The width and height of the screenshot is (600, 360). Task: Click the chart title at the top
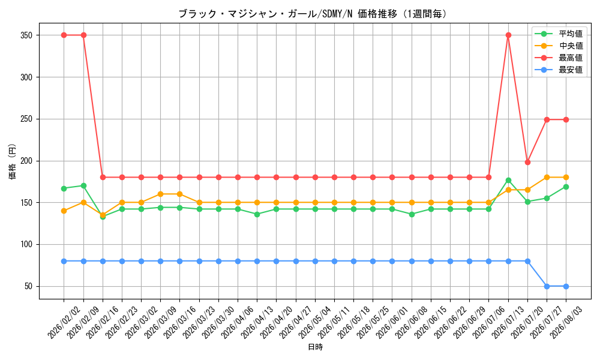(x=313, y=14)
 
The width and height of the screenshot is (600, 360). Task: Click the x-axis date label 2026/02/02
(x=64, y=323)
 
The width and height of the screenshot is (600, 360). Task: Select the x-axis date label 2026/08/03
(x=566, y=323)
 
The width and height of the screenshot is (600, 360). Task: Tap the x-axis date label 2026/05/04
(x=315, y=323)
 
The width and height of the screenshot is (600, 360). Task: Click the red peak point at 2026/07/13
(x=508, y=35)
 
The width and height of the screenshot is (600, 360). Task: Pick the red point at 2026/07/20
(x=527, y=162)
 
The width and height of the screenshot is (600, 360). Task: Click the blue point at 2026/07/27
(x=547, y=286)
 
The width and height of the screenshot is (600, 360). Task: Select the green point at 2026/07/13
(x=508, y=180)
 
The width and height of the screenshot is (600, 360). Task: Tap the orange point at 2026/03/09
(x=160, y=194)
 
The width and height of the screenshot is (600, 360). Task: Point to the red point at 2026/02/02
(x=64, y=35)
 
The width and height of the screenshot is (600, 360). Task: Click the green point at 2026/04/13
(x=257, y=214)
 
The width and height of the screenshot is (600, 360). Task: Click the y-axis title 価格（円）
(x=13, y=161)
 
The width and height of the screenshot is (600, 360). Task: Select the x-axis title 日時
(x=316, y=347)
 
